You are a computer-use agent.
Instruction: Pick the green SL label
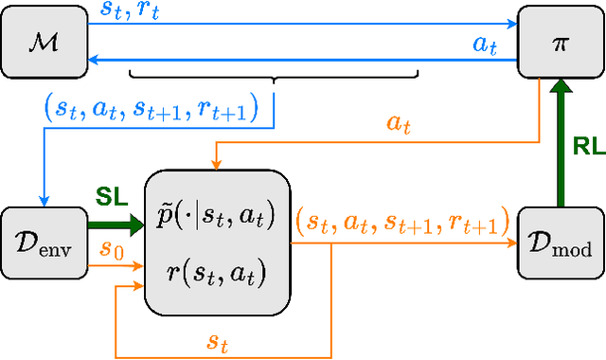tap(113, 196)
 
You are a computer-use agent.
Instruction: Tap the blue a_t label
tap(484, 45)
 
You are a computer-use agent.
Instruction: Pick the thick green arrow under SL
tap(111, 225)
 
